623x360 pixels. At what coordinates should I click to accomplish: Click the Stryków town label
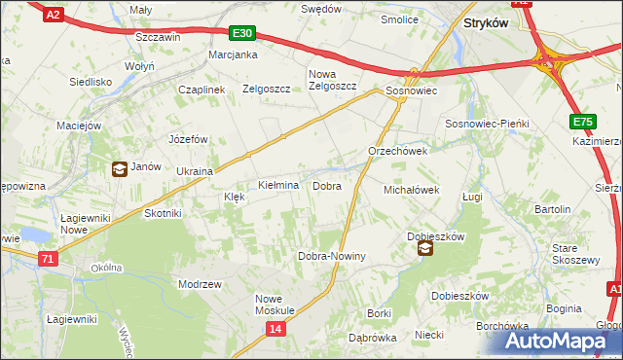(488, 22)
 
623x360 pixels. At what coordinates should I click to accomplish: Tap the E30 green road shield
(244, 33)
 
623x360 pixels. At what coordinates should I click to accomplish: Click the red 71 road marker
(48, 259)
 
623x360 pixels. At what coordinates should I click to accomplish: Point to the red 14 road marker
(275, 331)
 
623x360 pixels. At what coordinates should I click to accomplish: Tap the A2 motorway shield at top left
(55, 14)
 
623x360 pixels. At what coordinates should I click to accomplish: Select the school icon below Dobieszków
(425, 250)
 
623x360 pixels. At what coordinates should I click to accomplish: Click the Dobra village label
(326, 185)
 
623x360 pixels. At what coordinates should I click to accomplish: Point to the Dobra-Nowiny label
(331, 256)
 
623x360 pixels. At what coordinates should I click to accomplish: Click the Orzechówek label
(398, 152)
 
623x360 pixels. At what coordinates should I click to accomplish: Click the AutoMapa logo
(561, 342)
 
